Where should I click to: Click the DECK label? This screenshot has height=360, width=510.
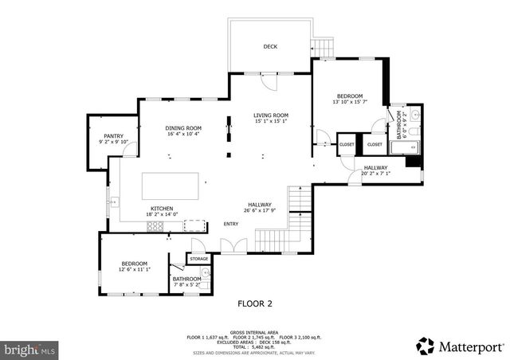pos(271,47)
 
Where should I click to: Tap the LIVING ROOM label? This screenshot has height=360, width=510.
pos(271,115)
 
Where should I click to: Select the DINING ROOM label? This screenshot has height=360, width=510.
pos(183,128)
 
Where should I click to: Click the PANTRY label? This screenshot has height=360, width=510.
pos(113,136)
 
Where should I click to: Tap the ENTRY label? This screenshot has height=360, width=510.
pos(231,224)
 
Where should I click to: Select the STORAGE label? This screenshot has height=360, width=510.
pos(198,259)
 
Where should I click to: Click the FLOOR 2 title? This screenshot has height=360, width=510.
pos(255,303)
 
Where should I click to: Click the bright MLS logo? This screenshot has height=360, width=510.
pos(29,349)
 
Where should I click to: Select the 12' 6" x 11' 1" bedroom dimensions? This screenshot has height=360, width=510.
pos(134,270)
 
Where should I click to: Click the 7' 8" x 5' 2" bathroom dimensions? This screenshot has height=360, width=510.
pos(187,284)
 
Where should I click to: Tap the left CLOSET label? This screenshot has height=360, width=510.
pos(347,144)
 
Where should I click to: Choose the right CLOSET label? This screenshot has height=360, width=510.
pos(374,144)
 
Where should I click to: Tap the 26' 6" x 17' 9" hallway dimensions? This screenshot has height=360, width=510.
pos(260,211)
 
